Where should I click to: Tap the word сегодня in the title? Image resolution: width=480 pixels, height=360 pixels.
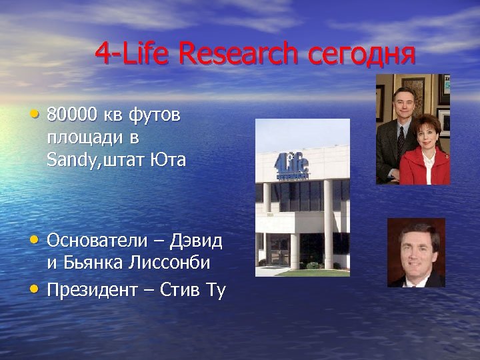(362, 53)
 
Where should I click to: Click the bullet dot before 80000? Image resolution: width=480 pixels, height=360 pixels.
(35, 113)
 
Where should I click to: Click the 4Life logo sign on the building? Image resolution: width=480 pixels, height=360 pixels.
(291, 167)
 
